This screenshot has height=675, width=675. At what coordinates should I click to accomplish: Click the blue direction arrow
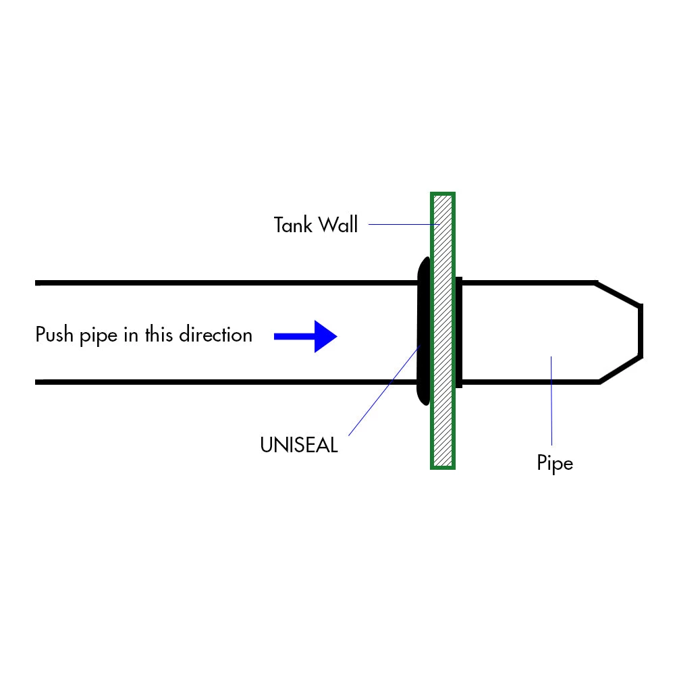pos(307,335)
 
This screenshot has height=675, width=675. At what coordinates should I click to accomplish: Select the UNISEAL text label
pos(298,446)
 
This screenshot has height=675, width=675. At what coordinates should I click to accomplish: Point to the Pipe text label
pos(555,464)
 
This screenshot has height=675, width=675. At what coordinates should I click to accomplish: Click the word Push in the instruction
pos(53,335)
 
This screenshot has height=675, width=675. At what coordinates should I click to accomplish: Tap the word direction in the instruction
pos(215,335)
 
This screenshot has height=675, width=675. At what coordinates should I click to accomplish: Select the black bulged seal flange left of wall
pos(423,331)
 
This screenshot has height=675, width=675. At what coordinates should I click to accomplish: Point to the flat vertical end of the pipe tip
pos(641,331)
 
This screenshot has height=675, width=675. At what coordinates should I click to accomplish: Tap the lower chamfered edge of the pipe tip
pos(620,369)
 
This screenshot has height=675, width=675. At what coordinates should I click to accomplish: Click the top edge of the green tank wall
pos(443,194)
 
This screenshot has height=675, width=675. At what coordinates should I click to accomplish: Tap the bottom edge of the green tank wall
pos(443,467)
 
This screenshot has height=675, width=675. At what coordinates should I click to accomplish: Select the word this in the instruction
pos(159,335)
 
